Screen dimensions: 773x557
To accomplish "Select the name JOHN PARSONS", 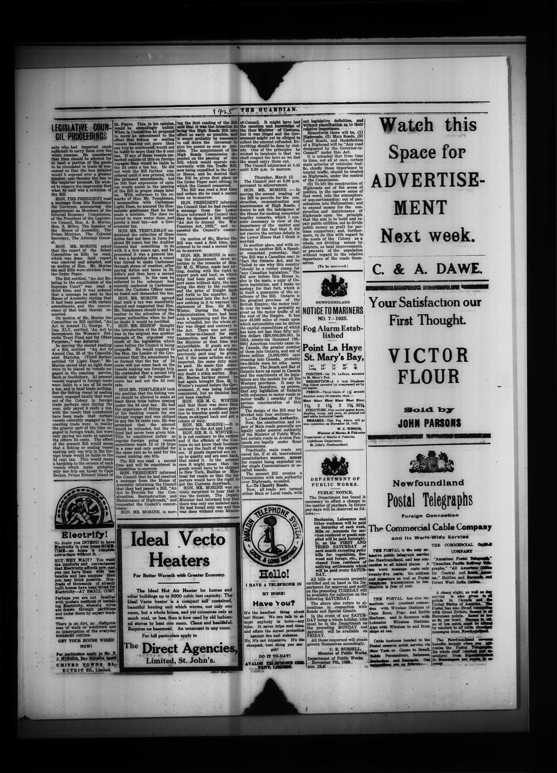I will click(429, 423).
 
